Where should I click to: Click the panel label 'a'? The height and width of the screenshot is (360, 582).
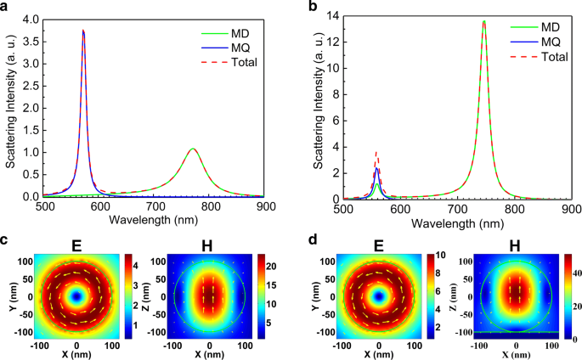pos(6,7)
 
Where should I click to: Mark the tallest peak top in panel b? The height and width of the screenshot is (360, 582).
pos(483,22)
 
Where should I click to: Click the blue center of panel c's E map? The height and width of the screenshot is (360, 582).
pos(77,296)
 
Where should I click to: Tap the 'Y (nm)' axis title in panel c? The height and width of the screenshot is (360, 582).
pos(8,296)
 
